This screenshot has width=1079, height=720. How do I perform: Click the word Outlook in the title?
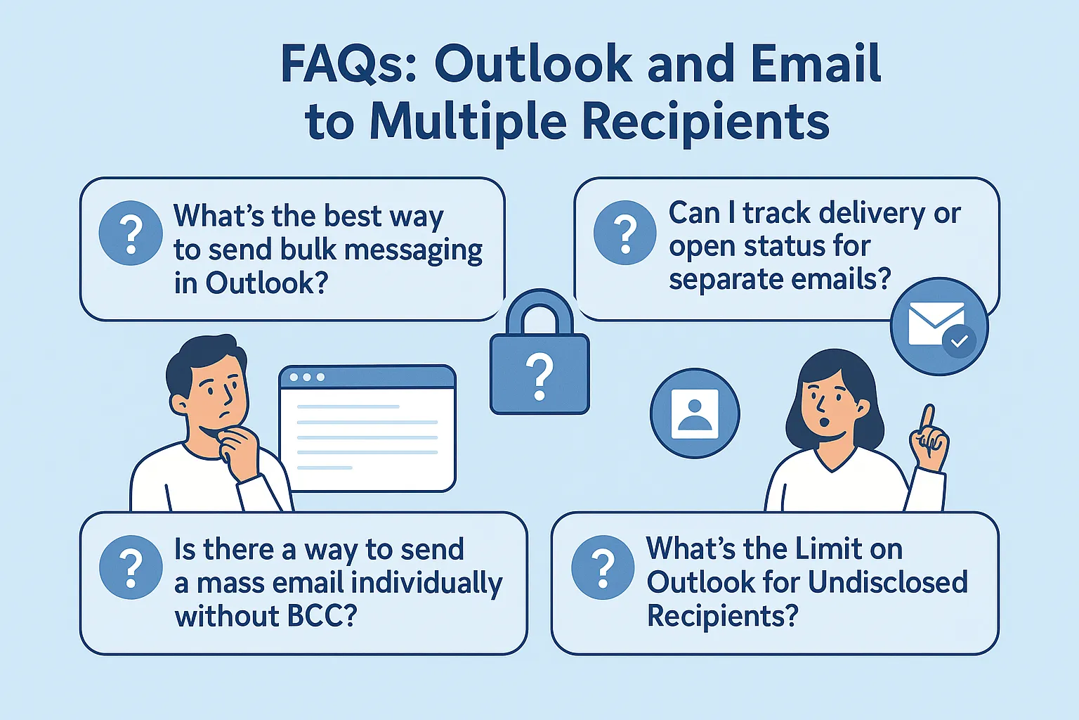[x=533, y=64]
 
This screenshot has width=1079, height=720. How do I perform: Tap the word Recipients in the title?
[x=705, y=122]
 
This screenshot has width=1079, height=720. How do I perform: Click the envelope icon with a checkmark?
[x=939, y=326]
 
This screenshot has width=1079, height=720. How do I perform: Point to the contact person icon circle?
[x=695, y=413]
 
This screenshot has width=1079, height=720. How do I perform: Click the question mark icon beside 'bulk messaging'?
[x=131, y=233]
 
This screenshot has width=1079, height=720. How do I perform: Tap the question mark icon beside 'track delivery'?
[x=625, y=233]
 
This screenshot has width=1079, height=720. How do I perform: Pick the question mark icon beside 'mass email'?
[x=131, y=567]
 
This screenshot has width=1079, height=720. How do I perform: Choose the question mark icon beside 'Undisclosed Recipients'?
[x=603, y=567]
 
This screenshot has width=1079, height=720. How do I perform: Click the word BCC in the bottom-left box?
[x=312, y=616]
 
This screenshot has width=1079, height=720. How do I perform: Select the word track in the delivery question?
[x=776, y=213]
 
